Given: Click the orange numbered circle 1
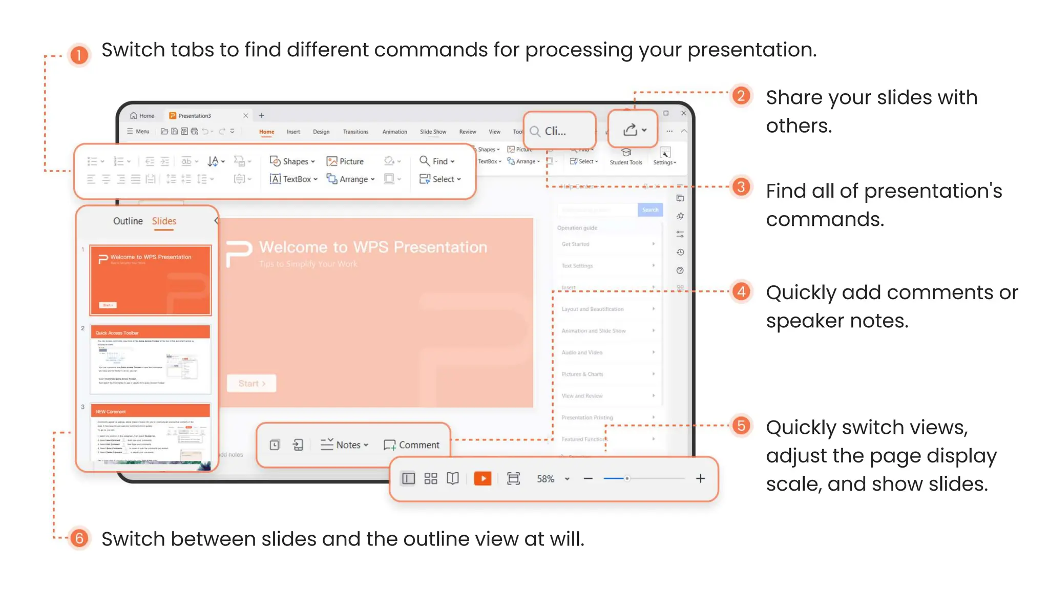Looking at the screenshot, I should point(79,55).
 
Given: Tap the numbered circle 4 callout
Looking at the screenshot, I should point(741,292).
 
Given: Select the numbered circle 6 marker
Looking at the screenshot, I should point(79,538).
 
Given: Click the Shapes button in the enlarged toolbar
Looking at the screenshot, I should point(292,161).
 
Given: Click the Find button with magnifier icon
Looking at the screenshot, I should point(437,161).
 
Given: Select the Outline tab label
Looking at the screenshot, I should point(128,221).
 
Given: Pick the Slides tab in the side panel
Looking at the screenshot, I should point(164,221).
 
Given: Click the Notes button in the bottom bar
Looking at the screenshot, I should point(344,445).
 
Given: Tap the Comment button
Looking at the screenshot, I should point(411,445).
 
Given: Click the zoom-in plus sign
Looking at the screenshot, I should point(700,478).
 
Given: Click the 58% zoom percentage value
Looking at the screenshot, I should point(546,479).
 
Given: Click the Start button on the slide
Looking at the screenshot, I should point(251,384).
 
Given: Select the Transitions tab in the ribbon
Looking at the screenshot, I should point(355,132).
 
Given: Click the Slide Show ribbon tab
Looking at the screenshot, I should point(433,132).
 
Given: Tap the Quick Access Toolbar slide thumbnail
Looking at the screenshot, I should point(150,359).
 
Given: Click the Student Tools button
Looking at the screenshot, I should point(625,157).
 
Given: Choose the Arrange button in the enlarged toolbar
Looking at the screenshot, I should point(351,179).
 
